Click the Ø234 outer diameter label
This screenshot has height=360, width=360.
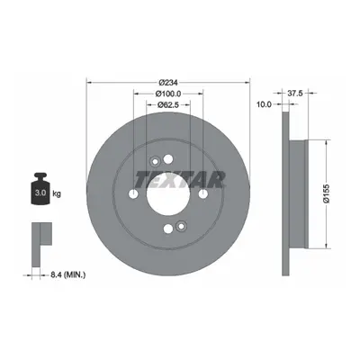[x=168, y=82]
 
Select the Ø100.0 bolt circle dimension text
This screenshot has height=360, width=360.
[x=168, y=94]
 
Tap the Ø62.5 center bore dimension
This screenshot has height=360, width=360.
[x=168, y=104]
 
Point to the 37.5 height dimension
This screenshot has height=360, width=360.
[x=295, y=94]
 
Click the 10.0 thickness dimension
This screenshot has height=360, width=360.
[x=264, y=104]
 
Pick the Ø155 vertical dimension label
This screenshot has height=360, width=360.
[x=327, y=194]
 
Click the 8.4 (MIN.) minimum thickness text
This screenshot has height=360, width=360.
[x=67, y=274]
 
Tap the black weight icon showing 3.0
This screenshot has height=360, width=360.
[x=40, y=188]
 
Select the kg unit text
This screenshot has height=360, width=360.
[x=57, y=193]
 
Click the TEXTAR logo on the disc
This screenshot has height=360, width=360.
[x=180, y=180]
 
